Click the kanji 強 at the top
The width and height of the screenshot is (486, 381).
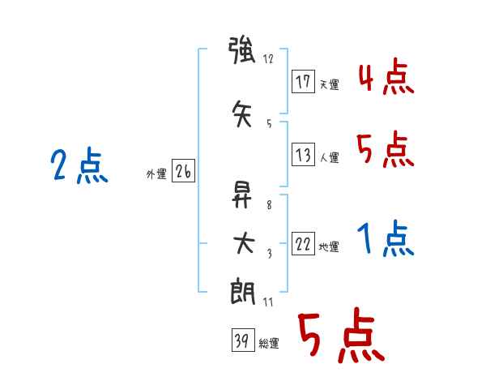[x=241, y=50]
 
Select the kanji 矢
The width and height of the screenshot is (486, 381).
[x=242, y=113]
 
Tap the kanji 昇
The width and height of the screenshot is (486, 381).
[x=241, y=195]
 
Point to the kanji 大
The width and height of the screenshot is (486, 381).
[x=243, y=243]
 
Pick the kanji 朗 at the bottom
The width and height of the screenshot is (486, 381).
[x=243, y=292]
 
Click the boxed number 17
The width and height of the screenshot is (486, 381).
[x=303, y=82]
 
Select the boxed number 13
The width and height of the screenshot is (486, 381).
[x=303, y=154]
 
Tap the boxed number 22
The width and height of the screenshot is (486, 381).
[x=303, y=243]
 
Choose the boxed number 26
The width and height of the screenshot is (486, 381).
[x=183, y=171]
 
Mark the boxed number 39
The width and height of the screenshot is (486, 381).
[x=243, y=340]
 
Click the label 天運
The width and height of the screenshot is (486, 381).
[x=329, y=84]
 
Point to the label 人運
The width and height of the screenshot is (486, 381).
[x=329, y=157]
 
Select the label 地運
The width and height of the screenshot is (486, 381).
[x=329, y=246]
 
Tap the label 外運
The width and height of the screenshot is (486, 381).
[x=156, y=174]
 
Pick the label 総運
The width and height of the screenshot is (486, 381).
[x=269, y=344]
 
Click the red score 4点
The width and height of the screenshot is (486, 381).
[x=386, y=78]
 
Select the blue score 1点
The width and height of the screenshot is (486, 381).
[x=386, y=238]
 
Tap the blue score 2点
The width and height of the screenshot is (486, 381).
[x=79, y=165]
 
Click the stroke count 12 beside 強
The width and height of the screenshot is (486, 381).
[x=268, y=58]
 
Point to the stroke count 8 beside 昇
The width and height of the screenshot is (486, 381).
[x=269, y=205]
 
